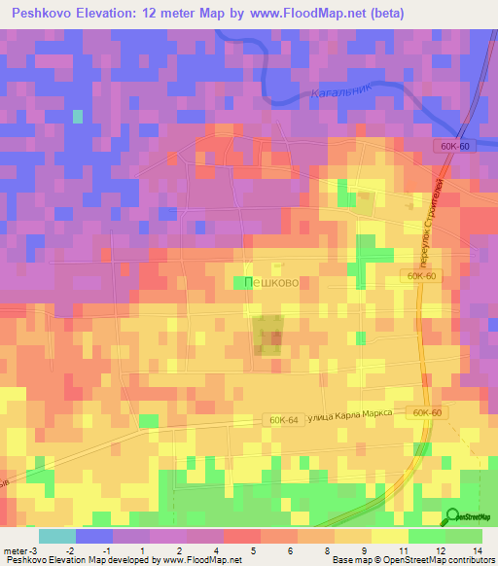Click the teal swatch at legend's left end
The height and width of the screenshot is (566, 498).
tap(57, 536)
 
